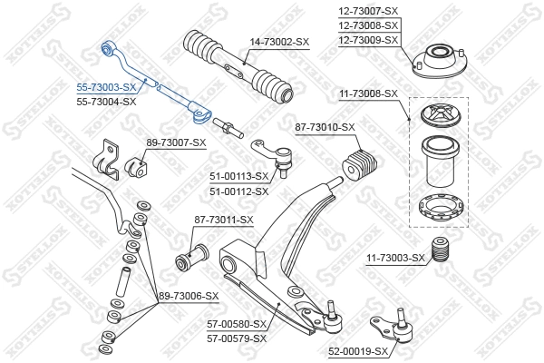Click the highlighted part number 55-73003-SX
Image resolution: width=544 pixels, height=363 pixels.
click(x=105, y=88)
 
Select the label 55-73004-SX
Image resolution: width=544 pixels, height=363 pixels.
click(x=105, y=102)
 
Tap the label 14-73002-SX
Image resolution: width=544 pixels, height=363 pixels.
click(x=279, y=42)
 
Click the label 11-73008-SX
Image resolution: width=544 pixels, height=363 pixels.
click(x=369, y=93)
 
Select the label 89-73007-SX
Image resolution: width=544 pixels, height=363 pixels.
click(x=176, y=142)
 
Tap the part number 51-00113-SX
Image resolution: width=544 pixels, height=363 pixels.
click(x=239, y=176)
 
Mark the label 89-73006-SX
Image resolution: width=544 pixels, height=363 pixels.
click(x=189, y=296)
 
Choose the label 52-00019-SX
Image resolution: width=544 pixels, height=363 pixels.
click(x=357, y=350)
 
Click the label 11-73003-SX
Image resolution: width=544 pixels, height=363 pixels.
click(x=395, y=259)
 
